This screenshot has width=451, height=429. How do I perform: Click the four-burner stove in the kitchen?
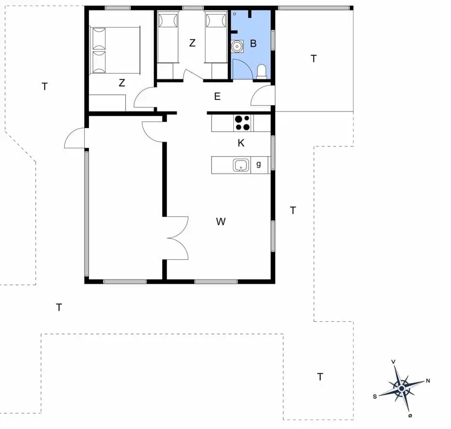tap(243, 123)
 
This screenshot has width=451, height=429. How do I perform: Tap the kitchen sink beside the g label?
tap(241, 165)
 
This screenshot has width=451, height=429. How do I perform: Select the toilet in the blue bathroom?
tap(262, 72)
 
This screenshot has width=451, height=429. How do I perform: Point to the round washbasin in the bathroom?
tap(237, 47)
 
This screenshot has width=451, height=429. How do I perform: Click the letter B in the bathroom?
tap(253, 44)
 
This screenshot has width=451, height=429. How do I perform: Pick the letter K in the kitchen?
tap(241, 143)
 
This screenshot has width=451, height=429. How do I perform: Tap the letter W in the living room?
tap(221, 222)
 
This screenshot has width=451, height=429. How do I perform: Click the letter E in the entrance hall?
tap(217, 96)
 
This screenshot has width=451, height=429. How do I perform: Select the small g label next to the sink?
tap(259, 164)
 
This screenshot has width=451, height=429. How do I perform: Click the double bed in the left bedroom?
tap(115, 50)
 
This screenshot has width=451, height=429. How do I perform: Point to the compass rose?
tap(402, 388)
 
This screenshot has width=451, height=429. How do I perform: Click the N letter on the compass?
tap(428, 381)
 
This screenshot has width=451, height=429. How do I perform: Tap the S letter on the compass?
tap(375, 397)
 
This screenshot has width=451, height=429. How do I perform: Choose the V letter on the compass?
tap(393, 362)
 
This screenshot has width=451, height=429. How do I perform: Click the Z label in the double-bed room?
tap(121, 83)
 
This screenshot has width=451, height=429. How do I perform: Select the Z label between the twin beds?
tap(192, 43)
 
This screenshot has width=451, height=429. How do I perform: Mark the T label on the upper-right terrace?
tap(314, 59)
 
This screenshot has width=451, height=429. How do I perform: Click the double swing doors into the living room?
tap(178, 238)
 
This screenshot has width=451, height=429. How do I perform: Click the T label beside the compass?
tap(320, 377)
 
